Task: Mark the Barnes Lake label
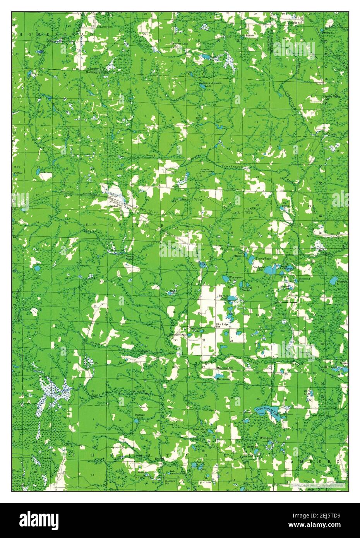pos(223,297)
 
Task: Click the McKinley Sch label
pos(95,27)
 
